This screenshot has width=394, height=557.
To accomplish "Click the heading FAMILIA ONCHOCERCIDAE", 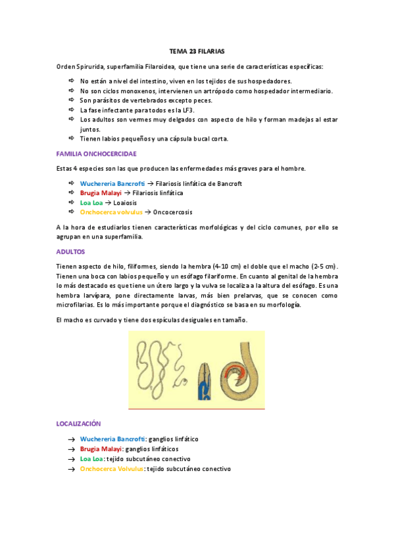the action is pyautogui.click(x=97, y=154).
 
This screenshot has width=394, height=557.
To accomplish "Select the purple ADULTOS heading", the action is pyautogui.click(x=71, y=252).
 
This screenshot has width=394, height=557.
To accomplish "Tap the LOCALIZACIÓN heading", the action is pyautogui.click(x=79, y=424).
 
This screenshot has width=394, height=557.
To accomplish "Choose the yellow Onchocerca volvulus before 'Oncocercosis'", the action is pyautogui.click(x=111, y=213).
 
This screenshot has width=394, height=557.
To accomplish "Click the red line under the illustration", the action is pyautogui.click(x=196, y=409).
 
